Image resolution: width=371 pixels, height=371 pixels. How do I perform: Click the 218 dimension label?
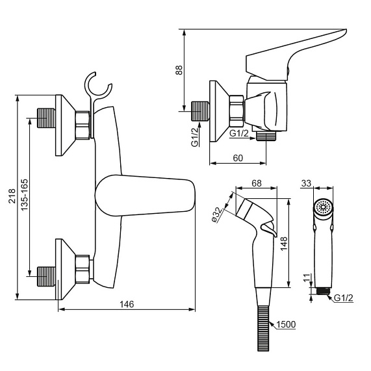click(x=12, y=196)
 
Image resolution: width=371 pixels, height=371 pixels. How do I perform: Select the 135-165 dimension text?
click(x=24, y=194)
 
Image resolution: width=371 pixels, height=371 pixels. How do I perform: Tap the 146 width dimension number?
click(x=127, y=304)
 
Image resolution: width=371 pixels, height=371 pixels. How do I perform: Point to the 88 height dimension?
click(x=179, y=70)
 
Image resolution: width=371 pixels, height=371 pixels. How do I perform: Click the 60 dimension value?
click(x=238, y=158)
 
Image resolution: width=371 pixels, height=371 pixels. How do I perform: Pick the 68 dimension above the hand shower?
click(x=257, y=183)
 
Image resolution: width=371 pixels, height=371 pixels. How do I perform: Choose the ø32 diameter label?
click(x=217, y=215)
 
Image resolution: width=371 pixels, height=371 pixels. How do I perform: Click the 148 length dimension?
click(x=283, y=243)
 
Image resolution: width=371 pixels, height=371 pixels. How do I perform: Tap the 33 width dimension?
click(x=307, y=183)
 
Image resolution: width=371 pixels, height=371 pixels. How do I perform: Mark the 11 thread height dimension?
click(x=307, y=278)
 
